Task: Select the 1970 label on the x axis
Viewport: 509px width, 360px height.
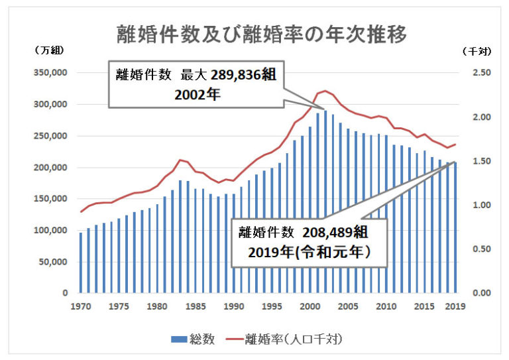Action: coord(81,306)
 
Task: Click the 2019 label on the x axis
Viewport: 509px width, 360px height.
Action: coord(455,306)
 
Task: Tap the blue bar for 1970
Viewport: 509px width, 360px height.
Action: coord(81,263)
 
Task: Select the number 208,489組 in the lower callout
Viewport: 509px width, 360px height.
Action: coord(335,233)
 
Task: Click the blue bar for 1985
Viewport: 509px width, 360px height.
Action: coord(196,241)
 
